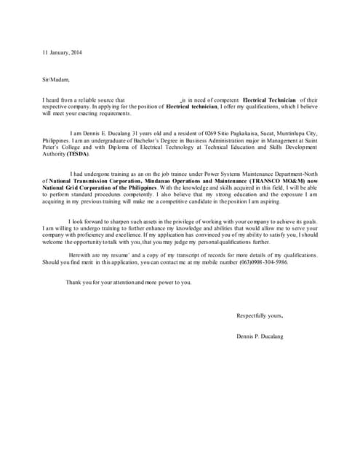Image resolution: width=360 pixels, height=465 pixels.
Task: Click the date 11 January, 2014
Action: (x=62, y=52)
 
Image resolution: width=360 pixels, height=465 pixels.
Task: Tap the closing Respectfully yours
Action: (x=260, y=315)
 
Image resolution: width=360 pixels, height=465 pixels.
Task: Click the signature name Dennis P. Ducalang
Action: (x=260, y=336)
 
